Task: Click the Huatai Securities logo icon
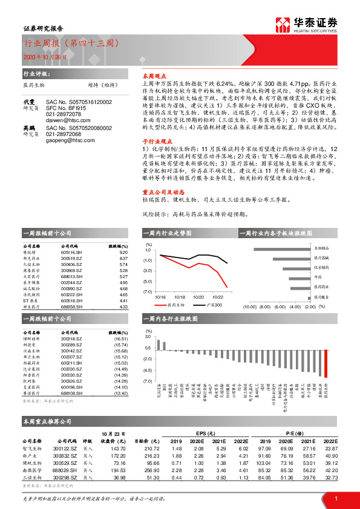tap(283, 25)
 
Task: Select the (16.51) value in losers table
tap(121, 339)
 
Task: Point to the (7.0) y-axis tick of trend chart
tap(148, 292)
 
